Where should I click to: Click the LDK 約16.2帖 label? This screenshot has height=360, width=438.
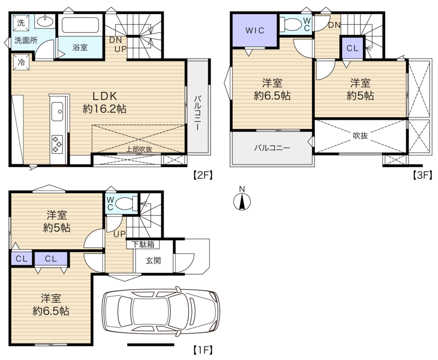(105, 102)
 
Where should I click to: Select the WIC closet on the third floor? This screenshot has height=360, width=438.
(255, 30)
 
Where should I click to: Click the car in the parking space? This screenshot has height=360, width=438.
(161, 311)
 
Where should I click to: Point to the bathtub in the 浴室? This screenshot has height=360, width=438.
(80, 25)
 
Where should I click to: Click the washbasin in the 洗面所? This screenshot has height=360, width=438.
(45, 21)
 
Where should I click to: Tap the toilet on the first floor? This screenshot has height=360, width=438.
(126, 204)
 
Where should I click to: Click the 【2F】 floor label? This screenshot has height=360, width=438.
(203, 175)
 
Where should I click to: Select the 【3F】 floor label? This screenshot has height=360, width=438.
(422, 175)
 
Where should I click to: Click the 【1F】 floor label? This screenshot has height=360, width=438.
(203, 350)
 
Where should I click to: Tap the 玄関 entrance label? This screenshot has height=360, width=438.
(153, 261)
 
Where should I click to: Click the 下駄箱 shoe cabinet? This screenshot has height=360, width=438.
(143, 245)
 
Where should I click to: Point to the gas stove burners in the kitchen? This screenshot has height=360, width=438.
(57, 144)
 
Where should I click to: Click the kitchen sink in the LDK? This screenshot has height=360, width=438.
(57, 112)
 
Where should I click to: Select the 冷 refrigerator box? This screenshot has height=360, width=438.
(21, 62)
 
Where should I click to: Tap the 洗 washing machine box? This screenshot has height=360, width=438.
(21, 23)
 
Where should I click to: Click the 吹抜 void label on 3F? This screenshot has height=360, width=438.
(360, 136)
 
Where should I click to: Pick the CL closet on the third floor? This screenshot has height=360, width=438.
(352, 48)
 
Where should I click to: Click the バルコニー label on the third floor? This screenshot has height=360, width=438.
(272, 148)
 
